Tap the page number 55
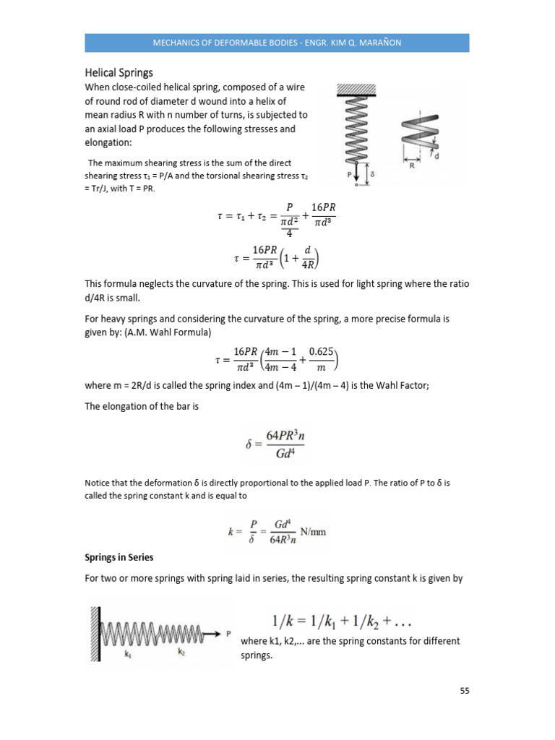coord(465,691)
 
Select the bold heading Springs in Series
coord(120,558)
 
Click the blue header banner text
coord(277,43)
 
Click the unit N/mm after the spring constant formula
coord(312,532)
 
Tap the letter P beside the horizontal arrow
coord(228,634)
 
